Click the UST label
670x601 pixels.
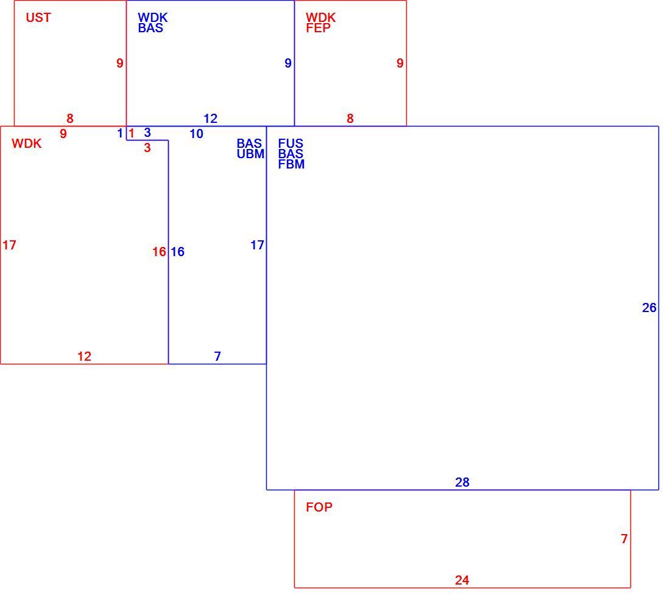[x=38, y=18]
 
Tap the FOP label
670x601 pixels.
[x=319, y=507]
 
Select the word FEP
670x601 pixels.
[x=318, y=28]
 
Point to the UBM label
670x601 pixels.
[x=250, y=154]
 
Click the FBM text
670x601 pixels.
[x=291, y=164]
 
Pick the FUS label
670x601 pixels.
[x=290, y=144]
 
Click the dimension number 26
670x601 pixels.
[x=649, y=308]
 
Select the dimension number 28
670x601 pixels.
[x=462, y=482]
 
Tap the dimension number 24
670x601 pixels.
[x=462, y=580]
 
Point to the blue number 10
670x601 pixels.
[x=196, y=134]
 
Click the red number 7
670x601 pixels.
[x=624, y=539]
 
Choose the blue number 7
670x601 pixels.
[x=217, y=356]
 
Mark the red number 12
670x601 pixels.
[x=84, y=356]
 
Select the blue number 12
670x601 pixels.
[x=210, y=119]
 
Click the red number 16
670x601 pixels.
[x=159, y=252]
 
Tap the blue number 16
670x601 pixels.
[x=177, y=252]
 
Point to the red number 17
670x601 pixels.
[x=9, y=245]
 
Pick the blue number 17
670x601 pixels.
[x=257, y=245]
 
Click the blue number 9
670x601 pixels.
[x=288, y=64]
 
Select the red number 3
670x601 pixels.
[x=147, y=148]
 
